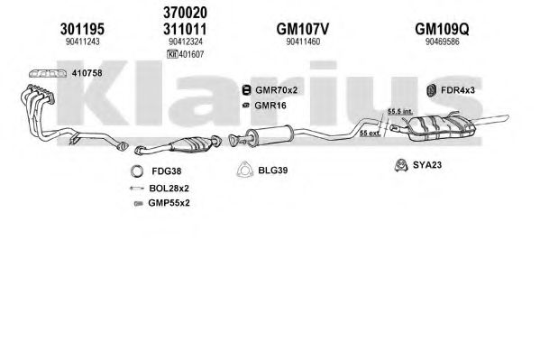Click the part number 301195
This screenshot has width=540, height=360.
point(82,29)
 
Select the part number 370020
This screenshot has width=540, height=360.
point(185,13)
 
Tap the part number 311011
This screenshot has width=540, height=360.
point(185,29)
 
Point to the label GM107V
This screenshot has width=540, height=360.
point(303,29)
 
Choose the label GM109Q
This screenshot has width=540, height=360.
point(442,29)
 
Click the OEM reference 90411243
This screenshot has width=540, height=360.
point(83,42)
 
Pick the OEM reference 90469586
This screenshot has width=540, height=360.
point(443,42)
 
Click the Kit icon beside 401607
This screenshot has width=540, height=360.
point(172,54)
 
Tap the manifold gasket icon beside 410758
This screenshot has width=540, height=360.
point(48,73)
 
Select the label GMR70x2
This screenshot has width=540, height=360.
point(276,90)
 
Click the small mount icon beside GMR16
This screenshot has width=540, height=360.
point(246,106)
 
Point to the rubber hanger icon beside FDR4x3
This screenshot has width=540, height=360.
point(431,90)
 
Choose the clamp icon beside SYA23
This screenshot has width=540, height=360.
point(401,165)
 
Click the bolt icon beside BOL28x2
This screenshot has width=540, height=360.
point(136,189)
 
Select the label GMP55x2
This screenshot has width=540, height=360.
point(169,203)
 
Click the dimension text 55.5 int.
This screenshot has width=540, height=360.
point(400,111)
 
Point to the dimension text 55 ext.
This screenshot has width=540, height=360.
point(371,134)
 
